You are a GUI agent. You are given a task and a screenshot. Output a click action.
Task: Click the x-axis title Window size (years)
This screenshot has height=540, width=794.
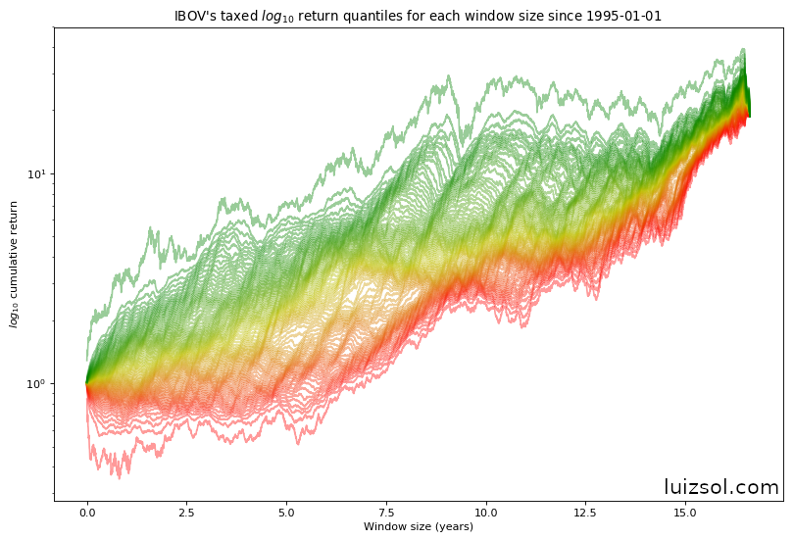419,527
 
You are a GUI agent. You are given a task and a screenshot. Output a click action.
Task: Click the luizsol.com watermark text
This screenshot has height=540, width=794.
720,487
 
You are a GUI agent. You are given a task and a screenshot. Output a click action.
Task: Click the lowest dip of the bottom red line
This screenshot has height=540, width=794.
120,477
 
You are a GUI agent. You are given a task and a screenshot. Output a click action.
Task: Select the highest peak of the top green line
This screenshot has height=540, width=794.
744,49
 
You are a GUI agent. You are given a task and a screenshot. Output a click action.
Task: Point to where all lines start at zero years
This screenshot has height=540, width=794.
87,383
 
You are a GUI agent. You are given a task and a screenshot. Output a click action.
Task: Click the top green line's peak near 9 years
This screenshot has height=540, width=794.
449,75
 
